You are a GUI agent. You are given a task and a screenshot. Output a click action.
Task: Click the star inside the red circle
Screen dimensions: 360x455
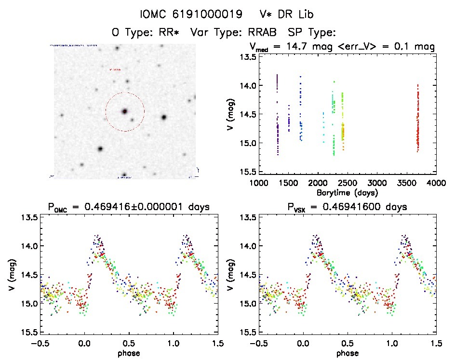click(124, 111)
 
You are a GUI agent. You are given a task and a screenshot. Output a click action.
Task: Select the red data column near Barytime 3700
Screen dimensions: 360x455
click(417, 118)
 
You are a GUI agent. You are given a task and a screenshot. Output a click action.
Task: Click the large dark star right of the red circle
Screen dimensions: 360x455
click(164, 117)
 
